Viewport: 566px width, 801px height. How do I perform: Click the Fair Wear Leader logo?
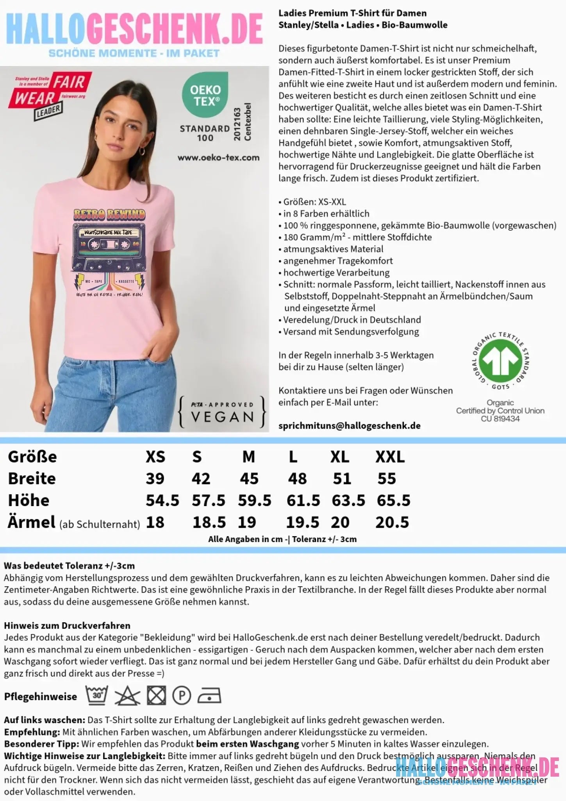point(50,94)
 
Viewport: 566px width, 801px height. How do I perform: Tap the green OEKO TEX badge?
point(205,95)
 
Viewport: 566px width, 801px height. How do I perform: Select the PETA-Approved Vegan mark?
point(222,412)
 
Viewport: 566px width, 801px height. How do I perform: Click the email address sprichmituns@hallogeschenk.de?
point(349,426)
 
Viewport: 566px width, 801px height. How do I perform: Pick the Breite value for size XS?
point(155,478)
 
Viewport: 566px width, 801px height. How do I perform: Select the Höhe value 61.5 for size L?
point(303,500)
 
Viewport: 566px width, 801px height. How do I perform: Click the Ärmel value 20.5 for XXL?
point(392,522)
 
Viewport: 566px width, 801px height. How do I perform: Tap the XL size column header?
point(339,457)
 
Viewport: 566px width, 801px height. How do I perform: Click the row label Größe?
point(32,457)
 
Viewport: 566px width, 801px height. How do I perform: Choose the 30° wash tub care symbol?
point(97,695)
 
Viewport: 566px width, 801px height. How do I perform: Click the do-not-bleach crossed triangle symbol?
point(127,696)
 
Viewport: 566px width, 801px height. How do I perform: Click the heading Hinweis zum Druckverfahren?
point(67,625)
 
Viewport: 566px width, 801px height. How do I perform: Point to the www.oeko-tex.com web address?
point(218,158)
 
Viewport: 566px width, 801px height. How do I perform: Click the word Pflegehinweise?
point(40,697)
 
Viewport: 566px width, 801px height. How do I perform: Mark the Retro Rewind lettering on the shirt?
point(109,214)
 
